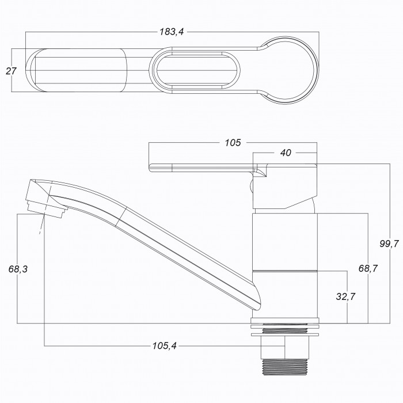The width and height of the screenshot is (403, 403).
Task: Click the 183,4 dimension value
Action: pyautogui.click(x=172, y=32)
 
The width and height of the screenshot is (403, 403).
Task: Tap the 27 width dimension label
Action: pyautogui.click(x=11, y=71)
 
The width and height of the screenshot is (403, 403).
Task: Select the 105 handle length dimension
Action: pyautogui.click(x=233, y=143)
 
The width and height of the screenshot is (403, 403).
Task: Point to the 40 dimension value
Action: pyautogui.click(x=286, y=153)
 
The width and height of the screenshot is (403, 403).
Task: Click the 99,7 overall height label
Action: pyautogui.click(x=389, y=244)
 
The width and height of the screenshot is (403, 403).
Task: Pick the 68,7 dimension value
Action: pyautogui.click(x=368, y=269)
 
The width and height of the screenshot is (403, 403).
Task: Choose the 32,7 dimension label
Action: pyautogui.click(x=345, y=296)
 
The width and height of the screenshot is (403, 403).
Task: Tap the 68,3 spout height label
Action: pyautogui.click(x=18, y=269)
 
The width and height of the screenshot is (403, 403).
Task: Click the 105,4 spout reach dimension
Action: pyautogui.click(x=165, y=345)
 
